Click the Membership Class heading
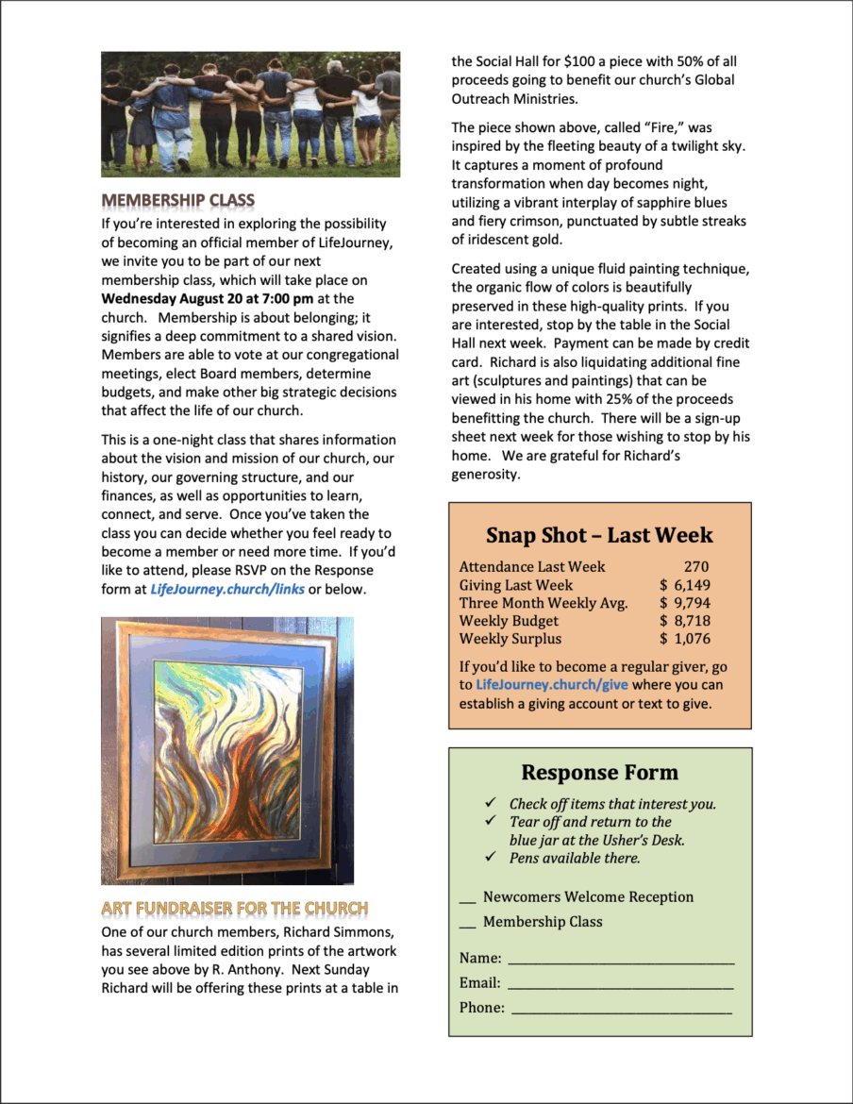click(177, 201)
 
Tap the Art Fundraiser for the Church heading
click(234, 909)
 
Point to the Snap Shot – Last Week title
click(599, 535)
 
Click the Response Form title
click(599, 772)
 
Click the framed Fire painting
click(226, 750)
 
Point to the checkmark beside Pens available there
click(491, 857)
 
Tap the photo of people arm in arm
click(250, 114)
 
